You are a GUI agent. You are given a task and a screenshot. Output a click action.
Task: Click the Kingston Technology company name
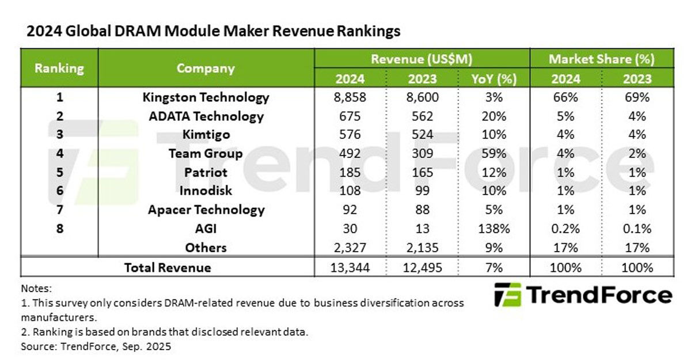point(206,97)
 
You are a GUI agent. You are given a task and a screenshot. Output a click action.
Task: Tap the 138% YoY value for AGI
point(493,229)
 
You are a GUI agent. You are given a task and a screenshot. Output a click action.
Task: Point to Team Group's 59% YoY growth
point(493,154)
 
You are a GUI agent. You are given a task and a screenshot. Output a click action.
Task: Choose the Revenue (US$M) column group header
point(422,59)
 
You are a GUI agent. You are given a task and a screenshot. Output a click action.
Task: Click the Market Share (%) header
point(602,59)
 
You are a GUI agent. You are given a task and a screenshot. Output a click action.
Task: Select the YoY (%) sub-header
point(493,78)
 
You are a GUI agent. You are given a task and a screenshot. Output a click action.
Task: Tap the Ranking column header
point(59,68)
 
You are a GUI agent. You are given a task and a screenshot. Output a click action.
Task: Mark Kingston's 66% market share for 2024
point(565,97)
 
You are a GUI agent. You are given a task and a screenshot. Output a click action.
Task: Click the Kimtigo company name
point(206,135)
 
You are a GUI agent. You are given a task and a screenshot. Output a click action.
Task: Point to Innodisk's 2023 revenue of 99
point(422,191)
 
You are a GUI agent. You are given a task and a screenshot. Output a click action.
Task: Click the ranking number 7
point(59,210)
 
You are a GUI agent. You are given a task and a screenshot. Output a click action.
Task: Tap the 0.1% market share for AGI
point(637,229)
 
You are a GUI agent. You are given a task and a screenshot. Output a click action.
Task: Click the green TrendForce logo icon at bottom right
point(507,295)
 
